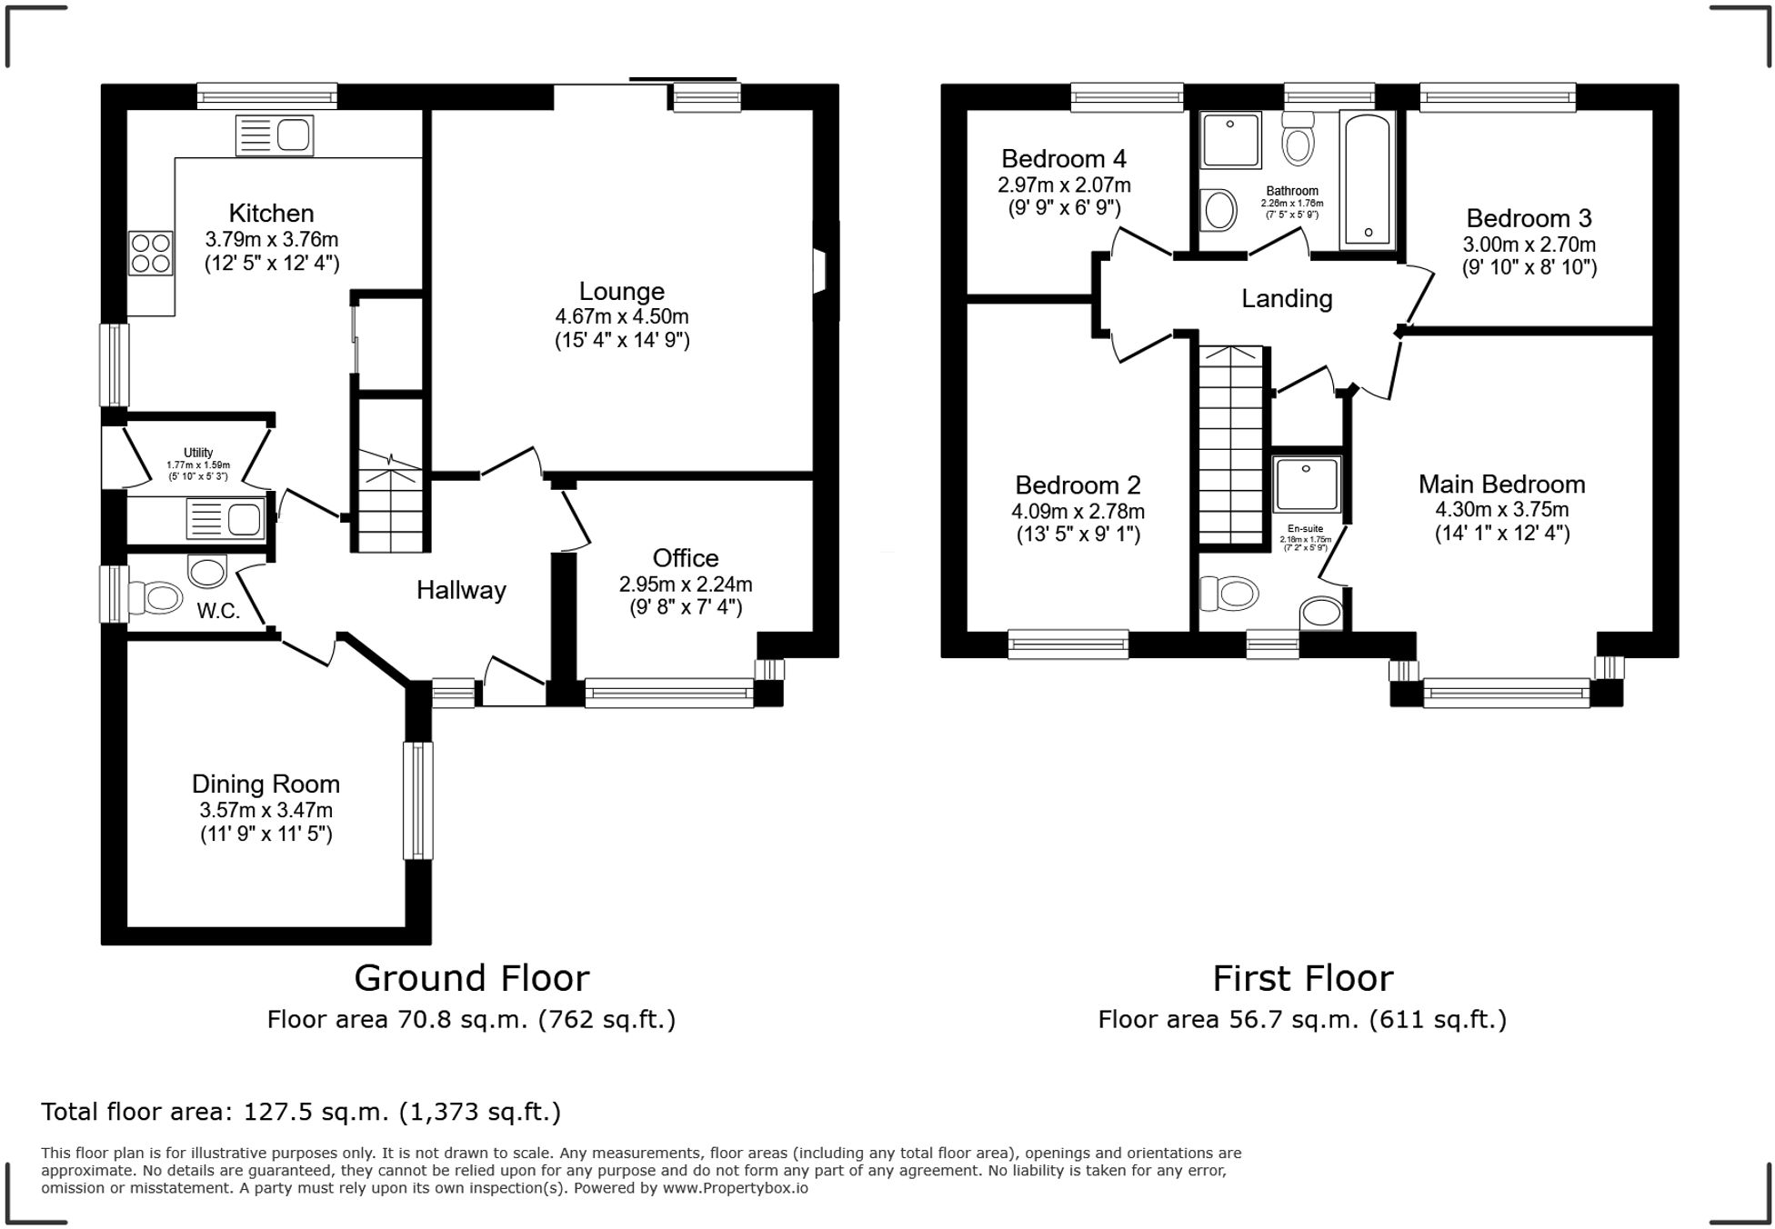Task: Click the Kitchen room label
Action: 271,214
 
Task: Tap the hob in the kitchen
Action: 151,254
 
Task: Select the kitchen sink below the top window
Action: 275,135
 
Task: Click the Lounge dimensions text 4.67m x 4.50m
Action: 622,316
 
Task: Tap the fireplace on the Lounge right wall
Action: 820,271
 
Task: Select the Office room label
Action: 685,558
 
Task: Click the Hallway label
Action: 461,591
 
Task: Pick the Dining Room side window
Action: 417,800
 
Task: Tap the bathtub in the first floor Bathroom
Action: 1368,180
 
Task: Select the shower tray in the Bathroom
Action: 1230,140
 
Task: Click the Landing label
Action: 1287,299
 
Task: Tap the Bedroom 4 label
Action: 1064,159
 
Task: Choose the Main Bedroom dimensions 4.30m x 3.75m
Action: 1501,510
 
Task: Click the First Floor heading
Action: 1302,979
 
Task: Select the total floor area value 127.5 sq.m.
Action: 336,1112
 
